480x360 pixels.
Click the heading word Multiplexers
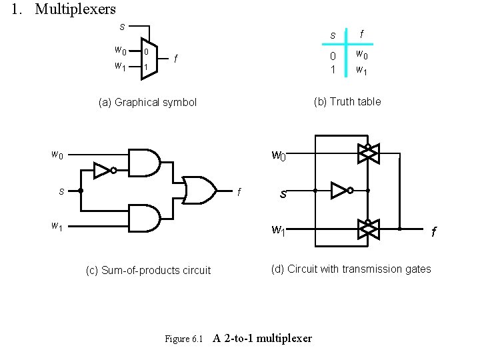click(75, 9)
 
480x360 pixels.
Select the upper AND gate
click(143, 161)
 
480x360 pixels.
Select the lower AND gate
click(143, 218)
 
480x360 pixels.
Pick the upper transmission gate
click(367, 153)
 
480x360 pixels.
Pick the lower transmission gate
click(367, 229)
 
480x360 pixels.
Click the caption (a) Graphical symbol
click(147, 103)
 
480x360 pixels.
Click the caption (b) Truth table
click(347, 101)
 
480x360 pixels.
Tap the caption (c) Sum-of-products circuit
click(148, 270)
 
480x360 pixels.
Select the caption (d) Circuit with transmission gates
click(351, 269)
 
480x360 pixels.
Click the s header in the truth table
click(333, 34)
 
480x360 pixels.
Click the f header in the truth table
click(361, 33)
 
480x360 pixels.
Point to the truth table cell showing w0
click(361, 54)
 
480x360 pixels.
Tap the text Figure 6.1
click(183, 339)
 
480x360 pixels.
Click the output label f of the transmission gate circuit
click(433, 232)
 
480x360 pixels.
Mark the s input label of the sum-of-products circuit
click(61, 191)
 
